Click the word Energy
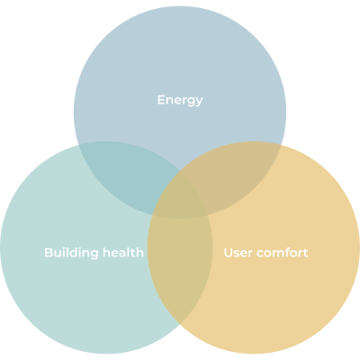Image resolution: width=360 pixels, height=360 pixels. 180,101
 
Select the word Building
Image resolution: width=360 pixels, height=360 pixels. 71,253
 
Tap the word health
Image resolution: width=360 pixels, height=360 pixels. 123,252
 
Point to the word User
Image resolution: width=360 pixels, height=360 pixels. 238,253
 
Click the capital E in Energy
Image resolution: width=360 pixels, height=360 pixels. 161,100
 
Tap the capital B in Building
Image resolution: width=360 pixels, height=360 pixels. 49,253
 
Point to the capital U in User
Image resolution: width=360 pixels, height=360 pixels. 229,253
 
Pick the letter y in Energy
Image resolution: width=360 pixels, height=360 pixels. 199,103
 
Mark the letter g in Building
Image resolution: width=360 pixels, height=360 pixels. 94,255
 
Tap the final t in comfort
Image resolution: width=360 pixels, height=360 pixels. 304,253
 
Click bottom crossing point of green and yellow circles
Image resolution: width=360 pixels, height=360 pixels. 180,325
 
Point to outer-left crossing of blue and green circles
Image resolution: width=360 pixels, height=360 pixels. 78,145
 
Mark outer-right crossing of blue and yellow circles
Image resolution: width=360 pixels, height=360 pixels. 282,145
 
